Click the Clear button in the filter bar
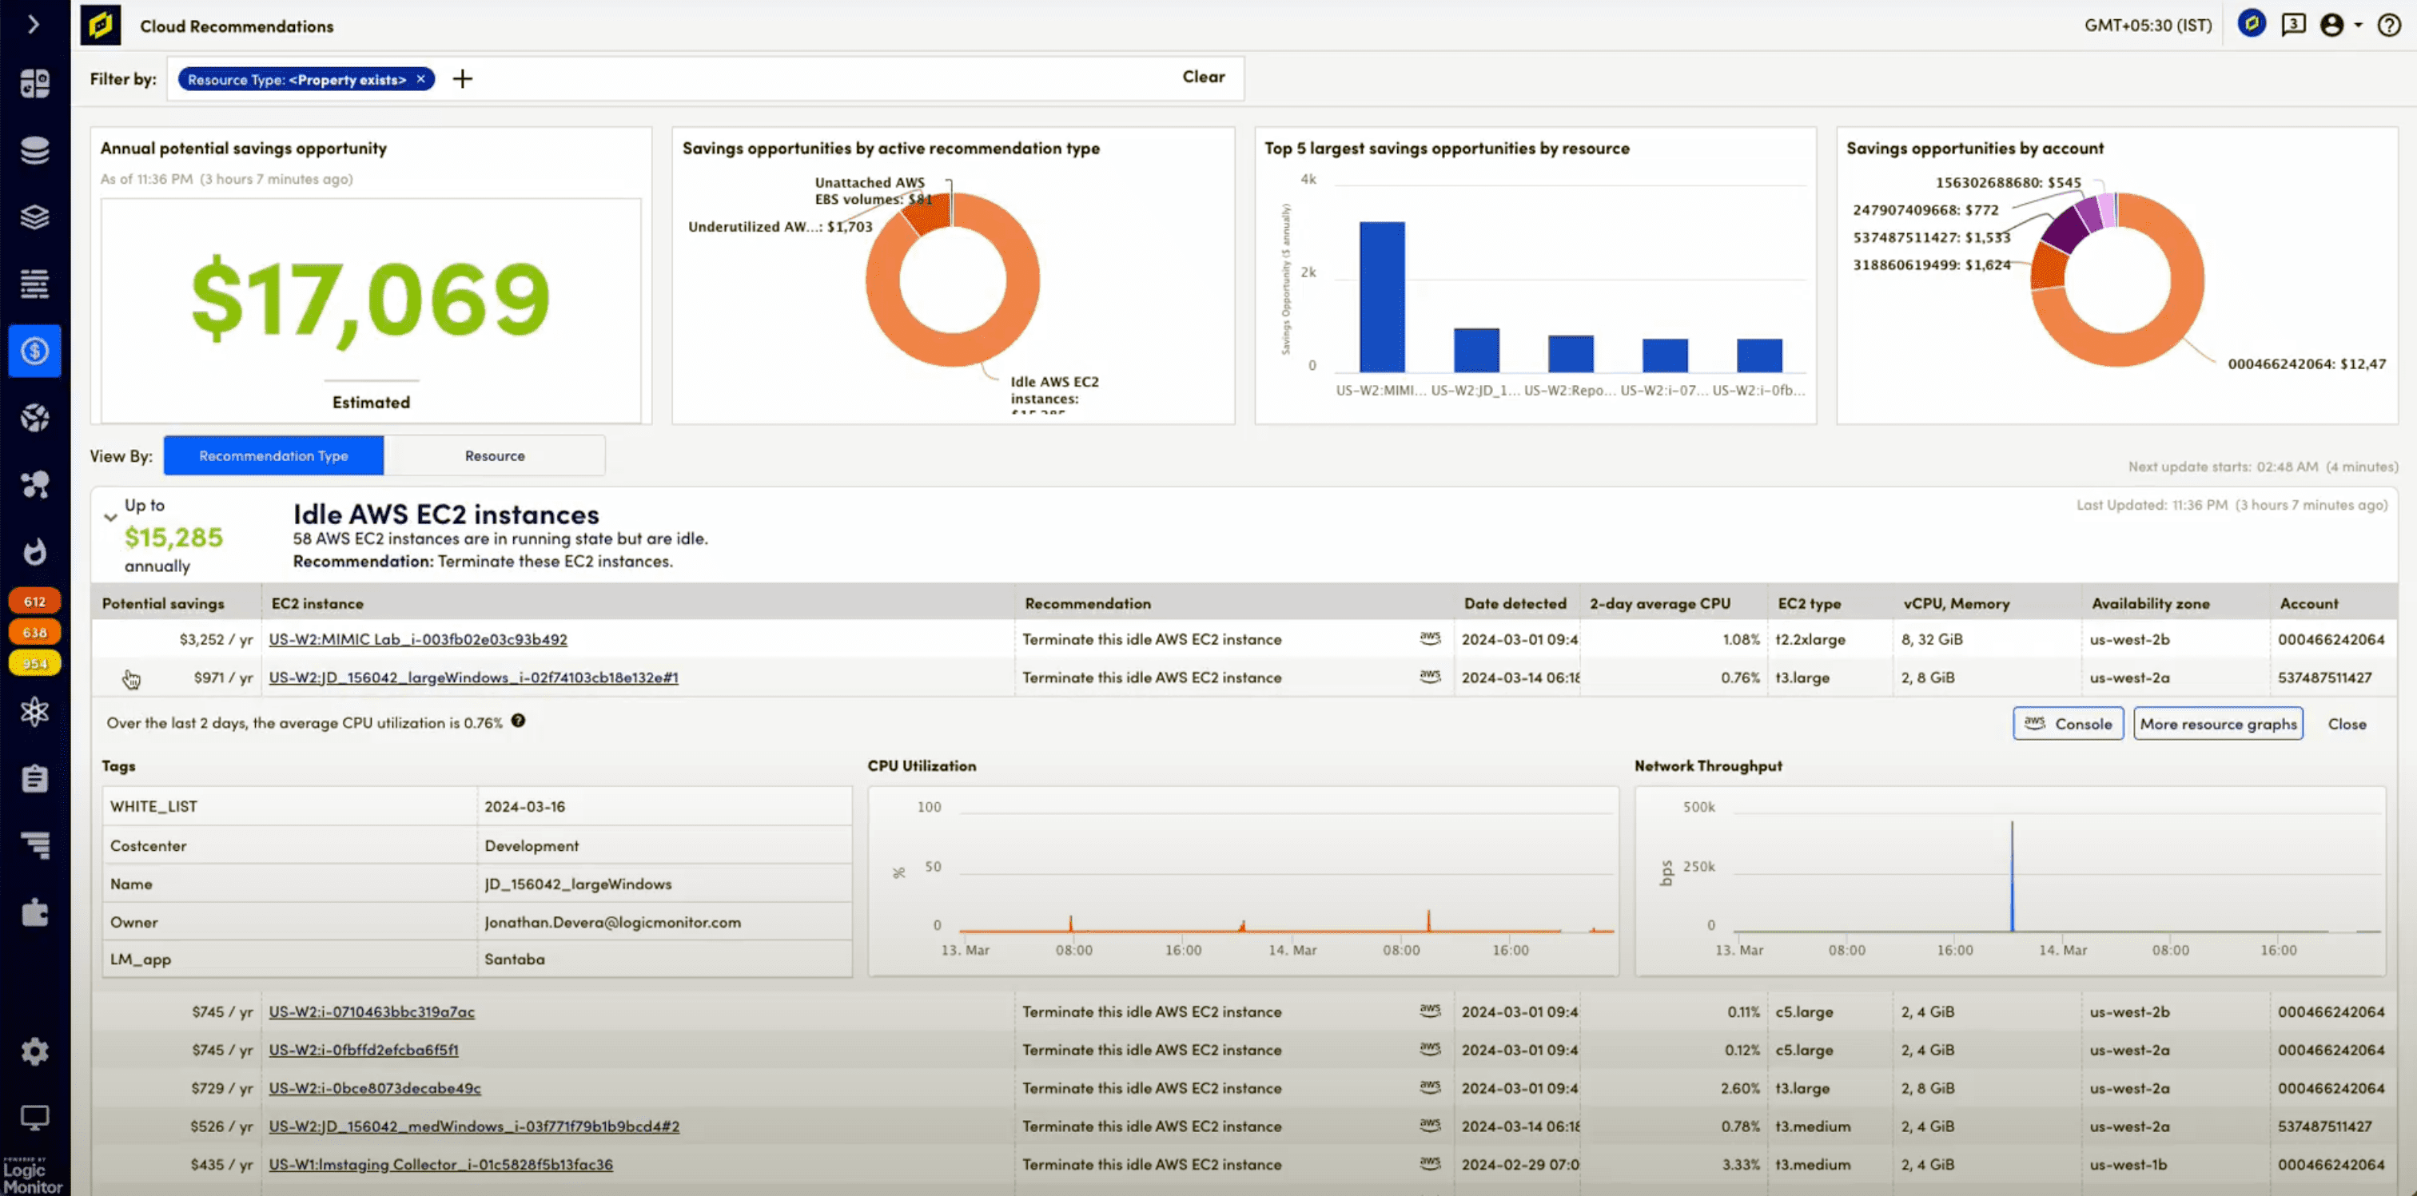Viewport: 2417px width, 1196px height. pyautogui.click(x=1203, y=77)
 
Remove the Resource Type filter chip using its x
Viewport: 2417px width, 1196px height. pyautogui.click(x=421, y=79)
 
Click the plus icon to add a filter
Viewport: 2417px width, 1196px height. pyautogui.click(x=463, y=79)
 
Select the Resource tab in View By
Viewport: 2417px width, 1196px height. pyautogui.click(x=495, y=456)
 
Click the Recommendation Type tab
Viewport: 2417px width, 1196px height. pyautogui.click(x=273, y=456)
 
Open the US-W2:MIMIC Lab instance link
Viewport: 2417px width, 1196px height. pyautogui.click(x=417, y=640)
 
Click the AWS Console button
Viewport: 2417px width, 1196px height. pyautogui.click(x=2067, y=724)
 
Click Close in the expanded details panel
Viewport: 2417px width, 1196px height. pyautogui.click(x=2346, y=724)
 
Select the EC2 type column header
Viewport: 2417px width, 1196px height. pyautogui.click(x=1808, y=604)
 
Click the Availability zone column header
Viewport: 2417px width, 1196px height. pyautogui.click(x=2149, y=604)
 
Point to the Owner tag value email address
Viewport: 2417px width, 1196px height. pyautogui.click(x=611, y=922)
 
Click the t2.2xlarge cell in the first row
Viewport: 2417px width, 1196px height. pyautogui.click(x=1810, y=640)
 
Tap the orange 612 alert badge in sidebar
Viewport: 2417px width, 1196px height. pyautogui.click(x=34, y=602)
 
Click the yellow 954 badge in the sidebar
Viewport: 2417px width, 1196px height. pyautogui.click(x=34, y=663)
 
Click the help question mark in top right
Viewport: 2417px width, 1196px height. pyautogui.click(x=2389, y=26)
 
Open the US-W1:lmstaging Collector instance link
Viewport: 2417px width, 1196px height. pyautogui.click(x=440, y=1165)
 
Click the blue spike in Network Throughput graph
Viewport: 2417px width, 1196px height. pyautogui.click(x=2011, y=877)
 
